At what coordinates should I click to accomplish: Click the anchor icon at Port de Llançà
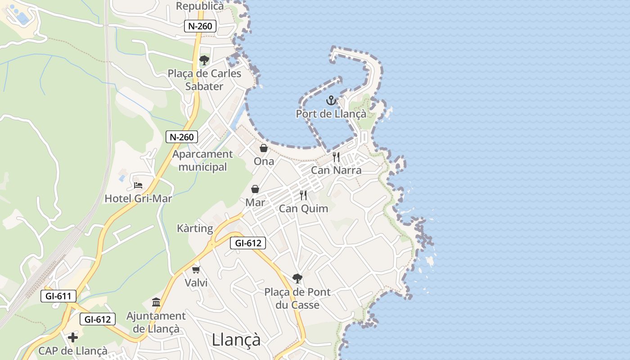pyautogui.click(x=331, y=100)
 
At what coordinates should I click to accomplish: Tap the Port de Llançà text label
pyautogui.click(x=331, y=114)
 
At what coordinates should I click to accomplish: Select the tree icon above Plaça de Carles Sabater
pyautogui.click(x=204, y=60)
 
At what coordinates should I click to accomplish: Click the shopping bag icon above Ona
pyautogui.click(x=264, y=148)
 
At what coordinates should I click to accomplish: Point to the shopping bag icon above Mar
pyautogui.click(x=255, y=189)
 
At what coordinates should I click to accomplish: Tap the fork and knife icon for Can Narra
pyautogui.click(x=336, y=157)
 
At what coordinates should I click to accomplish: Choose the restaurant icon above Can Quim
pyautogui.click(x=303, y=195)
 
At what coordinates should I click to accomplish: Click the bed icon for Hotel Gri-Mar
pyautogui.click(x=138, y=185)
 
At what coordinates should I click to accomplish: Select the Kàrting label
pyautogui.click(x=195, y=228)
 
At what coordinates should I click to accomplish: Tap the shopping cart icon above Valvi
pyautogui.click(x=196, y=270)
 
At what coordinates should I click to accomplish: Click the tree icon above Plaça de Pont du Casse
pyautogui.click(x=297, y=279)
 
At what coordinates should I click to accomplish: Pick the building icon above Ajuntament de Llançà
pyautogui.click(x=156, y=302)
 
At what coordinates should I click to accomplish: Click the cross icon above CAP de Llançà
pyautogui.click(x=73, y=337)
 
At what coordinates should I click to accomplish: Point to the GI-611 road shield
pyautogui.click(x=58, y=296)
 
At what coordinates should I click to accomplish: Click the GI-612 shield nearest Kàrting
pyautogui.click(x=247, y=243)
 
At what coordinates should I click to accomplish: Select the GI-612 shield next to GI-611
pyautogui.click(x=98, y=319)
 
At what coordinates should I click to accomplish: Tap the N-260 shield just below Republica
pyautogui.click(x=200, y=26)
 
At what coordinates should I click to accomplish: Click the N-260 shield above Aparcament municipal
pyautogui.click(x=182, y=137)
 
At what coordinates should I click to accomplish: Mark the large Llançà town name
pyautogui.click(x=236, y=339)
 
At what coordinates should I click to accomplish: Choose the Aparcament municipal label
pyautogui.click(x=202, y=160)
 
